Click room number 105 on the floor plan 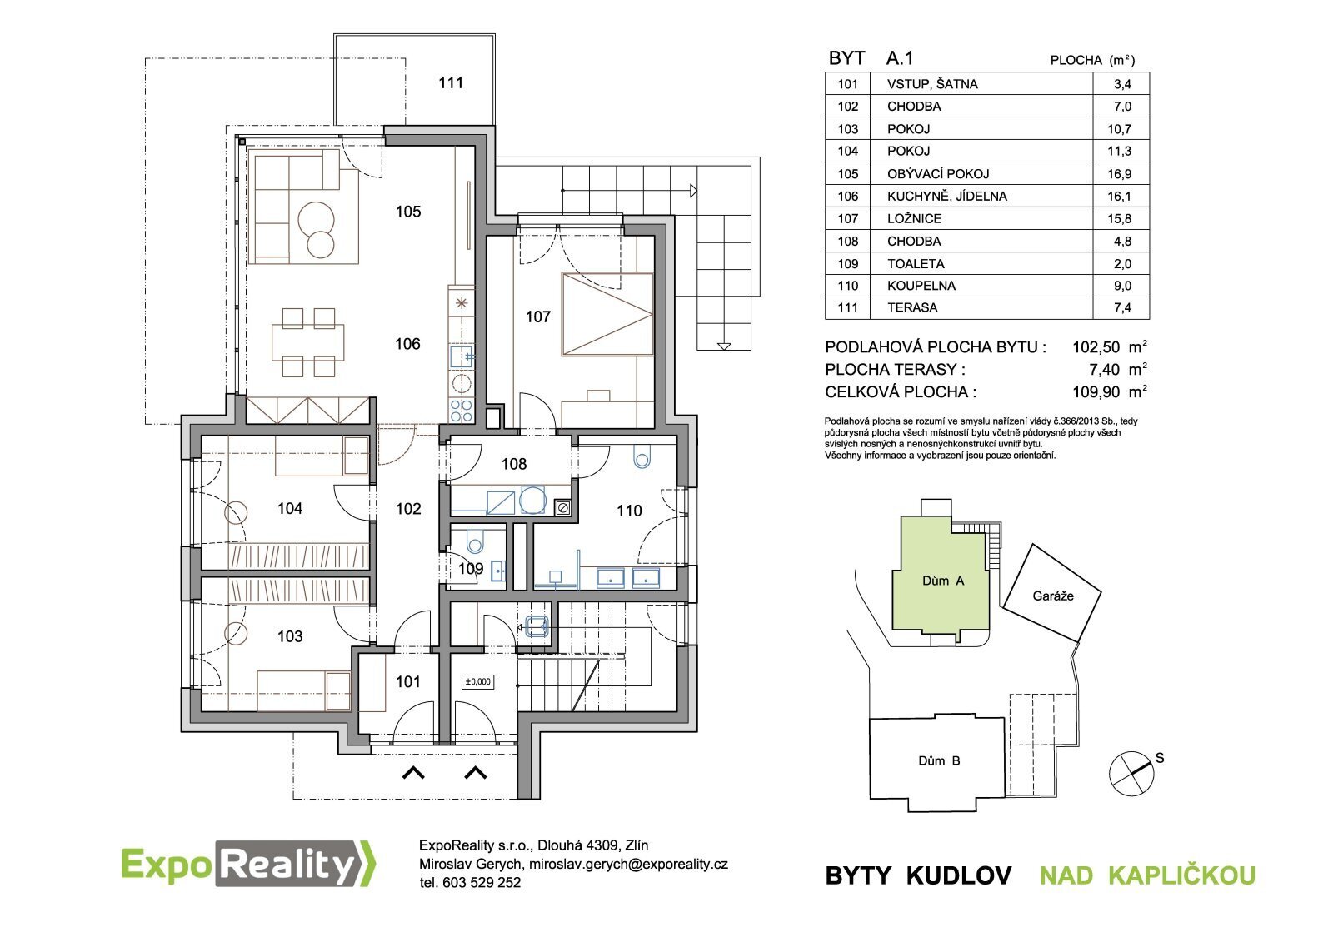(x=408, y=212)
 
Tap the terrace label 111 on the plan (x=451, y=82)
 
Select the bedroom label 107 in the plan (x=538, y=316)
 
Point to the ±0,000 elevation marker (x=478, y=682)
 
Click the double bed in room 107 (x=607, y=314)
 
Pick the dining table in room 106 (x=307, y=342)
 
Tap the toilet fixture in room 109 (x=476, y=541)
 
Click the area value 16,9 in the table (x=1119, y=174)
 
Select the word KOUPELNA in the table (x=921, y=286)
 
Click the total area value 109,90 (x=1096, y=392)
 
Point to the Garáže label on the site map (x=1053, y=596)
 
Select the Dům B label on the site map (x=939, y=760)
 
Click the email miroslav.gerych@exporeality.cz (x=628, y=864)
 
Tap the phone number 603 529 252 (x=481, y=883)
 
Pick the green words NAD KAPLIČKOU (x=1147, y=875)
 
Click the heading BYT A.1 (x=871, y=58)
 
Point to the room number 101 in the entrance (x=407, y=682)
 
